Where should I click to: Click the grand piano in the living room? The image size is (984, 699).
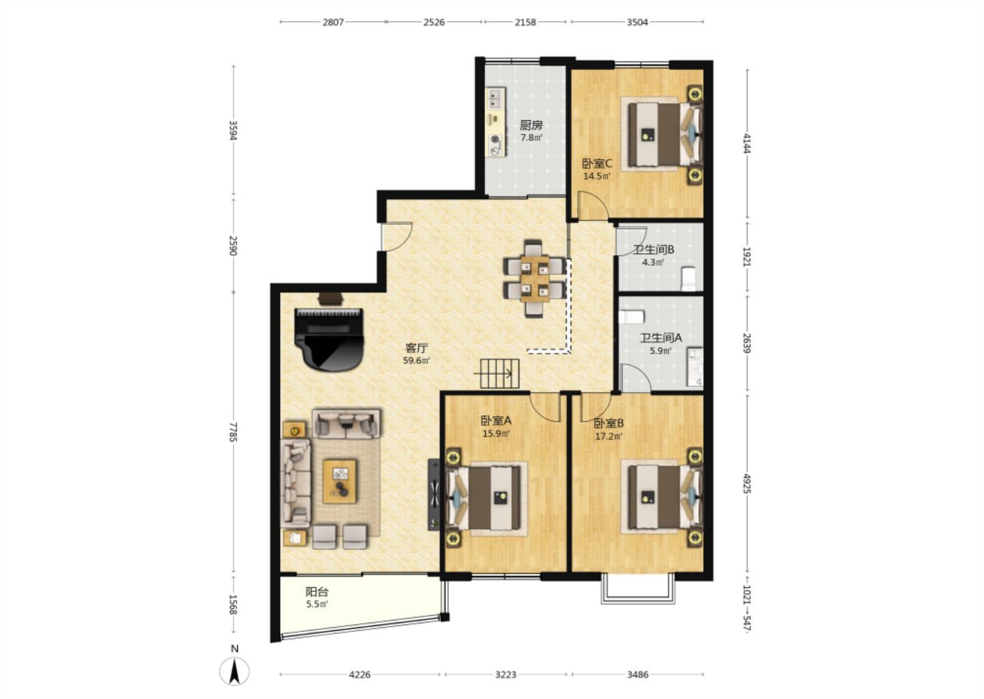(329, 340)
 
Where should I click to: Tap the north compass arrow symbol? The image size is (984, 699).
(234, 670)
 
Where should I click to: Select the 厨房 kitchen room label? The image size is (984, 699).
(531, 126)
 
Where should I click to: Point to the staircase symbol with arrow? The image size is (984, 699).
(499, 373)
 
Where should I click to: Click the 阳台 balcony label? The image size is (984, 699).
(317, 592)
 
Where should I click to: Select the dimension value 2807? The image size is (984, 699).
(333, 22)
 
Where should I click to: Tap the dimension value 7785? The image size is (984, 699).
(233, 432)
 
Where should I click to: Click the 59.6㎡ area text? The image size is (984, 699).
(416, 360)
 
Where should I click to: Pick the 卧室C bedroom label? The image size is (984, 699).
(597, 164)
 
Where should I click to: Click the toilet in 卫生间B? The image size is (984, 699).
(688, 279)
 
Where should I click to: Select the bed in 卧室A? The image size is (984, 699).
(484, 498)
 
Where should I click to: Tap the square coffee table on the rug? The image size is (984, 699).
(340, 481)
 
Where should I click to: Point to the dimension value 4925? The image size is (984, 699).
(746, 483)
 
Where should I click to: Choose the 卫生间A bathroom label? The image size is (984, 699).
(661, 338)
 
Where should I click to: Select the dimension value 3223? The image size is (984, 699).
(506, 674)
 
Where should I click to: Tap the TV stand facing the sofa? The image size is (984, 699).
(433, 494)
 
